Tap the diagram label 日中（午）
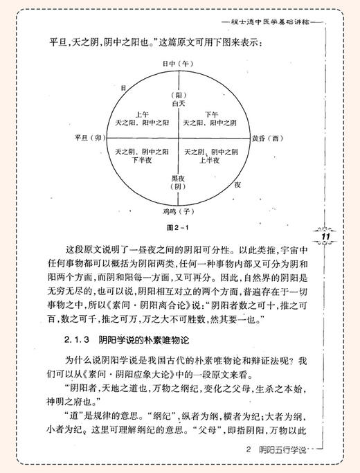pyautogui.click(x=179, y=62)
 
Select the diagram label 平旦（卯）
pyautogui.click(x=88, y=137)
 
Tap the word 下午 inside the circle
pyautogui.click(x=212, y=114)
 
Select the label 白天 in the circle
pyautogui.click(x=179, y=102)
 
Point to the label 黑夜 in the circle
pyautogui.click(x=179, y=177)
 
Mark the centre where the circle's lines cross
pyautogui.click(x=179, y=137)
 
